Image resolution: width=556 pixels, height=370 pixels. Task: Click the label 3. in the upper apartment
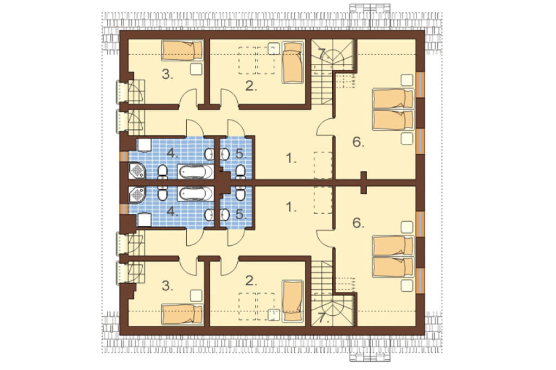pos(167,75)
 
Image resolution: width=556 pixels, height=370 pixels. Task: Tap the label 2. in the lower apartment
pos(251,281)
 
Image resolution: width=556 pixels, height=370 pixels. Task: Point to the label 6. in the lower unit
pos(358,223)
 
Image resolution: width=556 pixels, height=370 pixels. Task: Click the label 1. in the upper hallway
pos(291,159)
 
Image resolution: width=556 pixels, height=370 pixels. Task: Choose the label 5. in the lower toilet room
pos(241,214)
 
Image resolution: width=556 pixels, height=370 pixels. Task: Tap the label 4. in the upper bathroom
pos(172,154)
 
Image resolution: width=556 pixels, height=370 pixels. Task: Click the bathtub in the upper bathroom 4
pos(195,172)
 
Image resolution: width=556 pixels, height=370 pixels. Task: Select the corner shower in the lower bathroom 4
pos(137,195)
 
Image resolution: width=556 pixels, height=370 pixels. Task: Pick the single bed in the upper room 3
pos(182,51)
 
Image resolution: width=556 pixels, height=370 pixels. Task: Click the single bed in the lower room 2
pos(293,301)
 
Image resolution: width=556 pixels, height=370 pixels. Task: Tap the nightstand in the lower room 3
pos(197,296)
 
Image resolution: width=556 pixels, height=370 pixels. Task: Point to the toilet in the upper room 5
pos(240,171)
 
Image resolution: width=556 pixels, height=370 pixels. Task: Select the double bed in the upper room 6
pos(393,110)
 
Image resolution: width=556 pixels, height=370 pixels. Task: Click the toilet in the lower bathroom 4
pos(162,194)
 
